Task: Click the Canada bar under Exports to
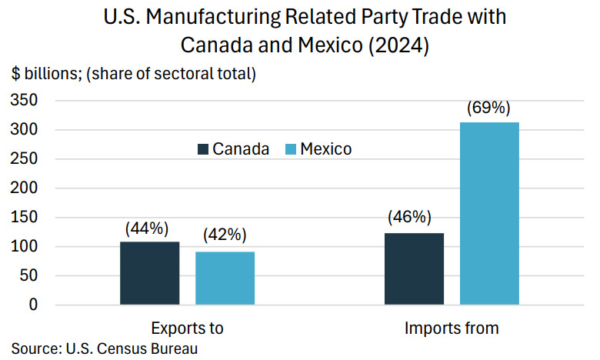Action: pos(149,273)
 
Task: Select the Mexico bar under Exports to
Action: pos(225,278)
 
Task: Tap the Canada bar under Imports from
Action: pos(414,268)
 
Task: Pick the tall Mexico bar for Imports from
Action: pos(489,213)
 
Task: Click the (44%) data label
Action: pos(147,228)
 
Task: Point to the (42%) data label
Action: pos(225,236)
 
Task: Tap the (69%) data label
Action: pos(488,108)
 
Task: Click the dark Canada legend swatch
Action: pos(204,149)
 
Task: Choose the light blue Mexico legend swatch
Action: pos(292,149)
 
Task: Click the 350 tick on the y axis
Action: pos(25,101)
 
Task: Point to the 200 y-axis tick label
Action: pos(25,188)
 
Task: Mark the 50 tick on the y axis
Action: pos(28,276)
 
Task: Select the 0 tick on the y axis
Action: pos(33,305)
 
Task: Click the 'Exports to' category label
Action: pos(187,328)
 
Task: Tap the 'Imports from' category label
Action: pos(452,328)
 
